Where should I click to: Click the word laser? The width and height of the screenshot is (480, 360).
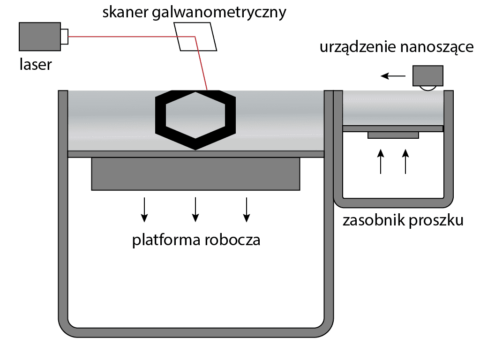36,64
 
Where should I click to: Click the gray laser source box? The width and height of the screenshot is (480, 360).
39,37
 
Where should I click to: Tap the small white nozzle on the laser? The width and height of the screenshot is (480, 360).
64,37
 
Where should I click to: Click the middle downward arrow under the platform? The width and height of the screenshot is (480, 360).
195,209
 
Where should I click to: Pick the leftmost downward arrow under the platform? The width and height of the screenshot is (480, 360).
145,209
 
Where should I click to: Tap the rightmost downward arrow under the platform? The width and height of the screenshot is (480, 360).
246,209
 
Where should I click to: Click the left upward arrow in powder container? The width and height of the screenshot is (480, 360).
381,161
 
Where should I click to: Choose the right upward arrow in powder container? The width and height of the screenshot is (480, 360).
406,161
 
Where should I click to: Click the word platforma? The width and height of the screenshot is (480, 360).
166,240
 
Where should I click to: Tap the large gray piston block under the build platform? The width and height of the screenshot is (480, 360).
195,174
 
